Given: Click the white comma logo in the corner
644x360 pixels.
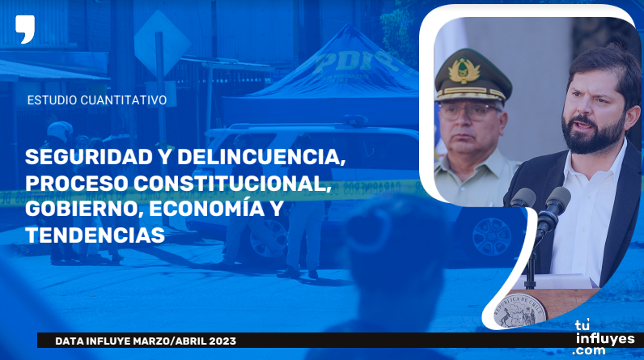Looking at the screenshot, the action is [x=25, y=29].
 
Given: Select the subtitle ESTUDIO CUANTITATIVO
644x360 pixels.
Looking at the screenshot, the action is [x=97, y=100].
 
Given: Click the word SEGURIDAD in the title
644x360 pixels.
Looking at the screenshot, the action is [x=89, y=157].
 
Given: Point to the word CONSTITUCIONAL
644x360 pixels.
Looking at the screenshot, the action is [x=232, y=184].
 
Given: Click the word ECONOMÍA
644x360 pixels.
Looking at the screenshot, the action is [x=206, y=208].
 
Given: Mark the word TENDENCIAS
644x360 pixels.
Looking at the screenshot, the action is [x=95, y=235].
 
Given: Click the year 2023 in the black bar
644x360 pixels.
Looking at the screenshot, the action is [x=222, y=341].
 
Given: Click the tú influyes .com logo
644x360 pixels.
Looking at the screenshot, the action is [x=604, y=338].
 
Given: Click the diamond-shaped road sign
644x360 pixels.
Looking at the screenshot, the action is [x=163, y=43].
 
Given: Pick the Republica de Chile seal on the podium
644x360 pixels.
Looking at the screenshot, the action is [x=519, y=311].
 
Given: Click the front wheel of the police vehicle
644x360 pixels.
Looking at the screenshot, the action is [x=268, y=239].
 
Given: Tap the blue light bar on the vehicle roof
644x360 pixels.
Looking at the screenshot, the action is [x=355, y=120].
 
